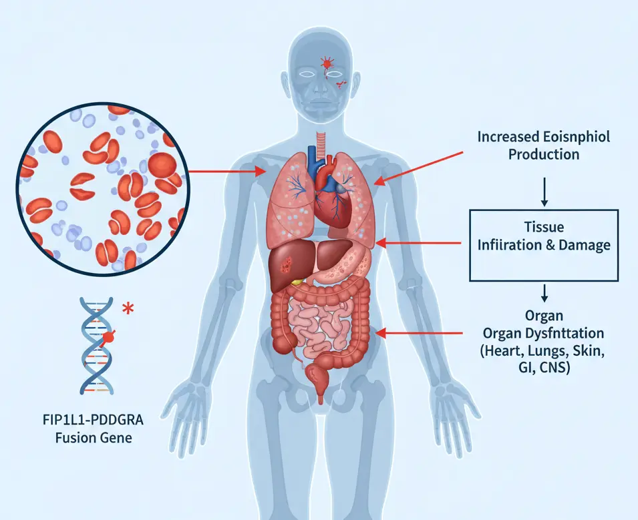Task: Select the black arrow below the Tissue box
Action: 544,292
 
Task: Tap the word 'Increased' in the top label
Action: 506,138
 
